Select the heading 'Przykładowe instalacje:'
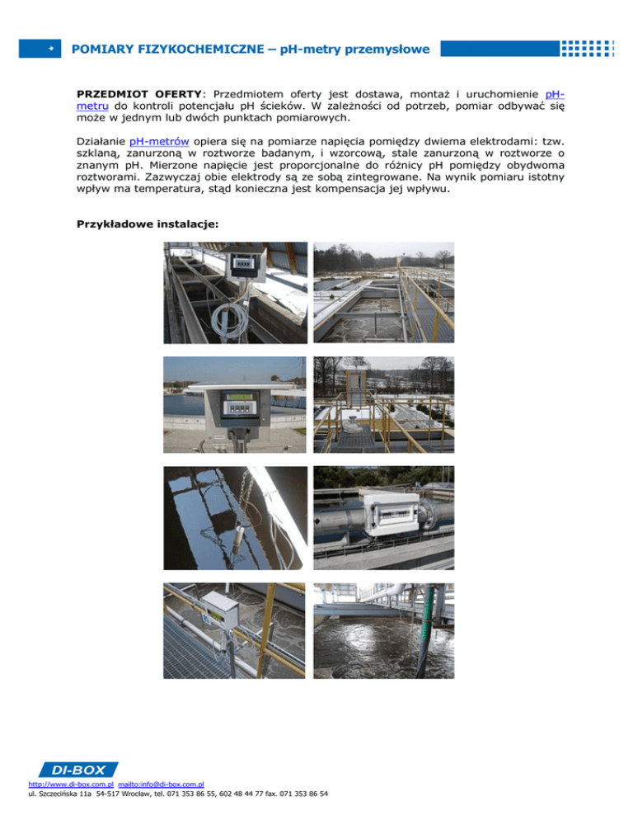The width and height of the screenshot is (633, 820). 135,224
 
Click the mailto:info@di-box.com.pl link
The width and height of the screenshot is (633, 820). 161,785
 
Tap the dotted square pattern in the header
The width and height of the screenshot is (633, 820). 587,49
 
